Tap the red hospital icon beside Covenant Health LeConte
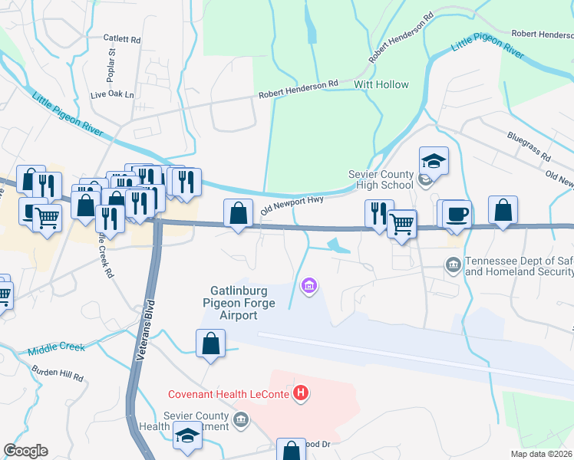click(x=302, y=394)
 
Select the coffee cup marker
click(x=457, y=212)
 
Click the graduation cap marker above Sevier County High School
click(x=434, y=160)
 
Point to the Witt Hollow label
click(x=381, y=84)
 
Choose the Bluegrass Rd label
click(x=529, y=145)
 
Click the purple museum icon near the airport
click(x=309, y=286)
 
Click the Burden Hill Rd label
click(x=57, y=375)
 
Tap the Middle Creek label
click(x=55, y=348)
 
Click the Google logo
click(x=25, y=451)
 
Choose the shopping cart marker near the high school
click(x=401, y=224)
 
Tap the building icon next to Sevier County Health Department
click(x=242, y=419)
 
